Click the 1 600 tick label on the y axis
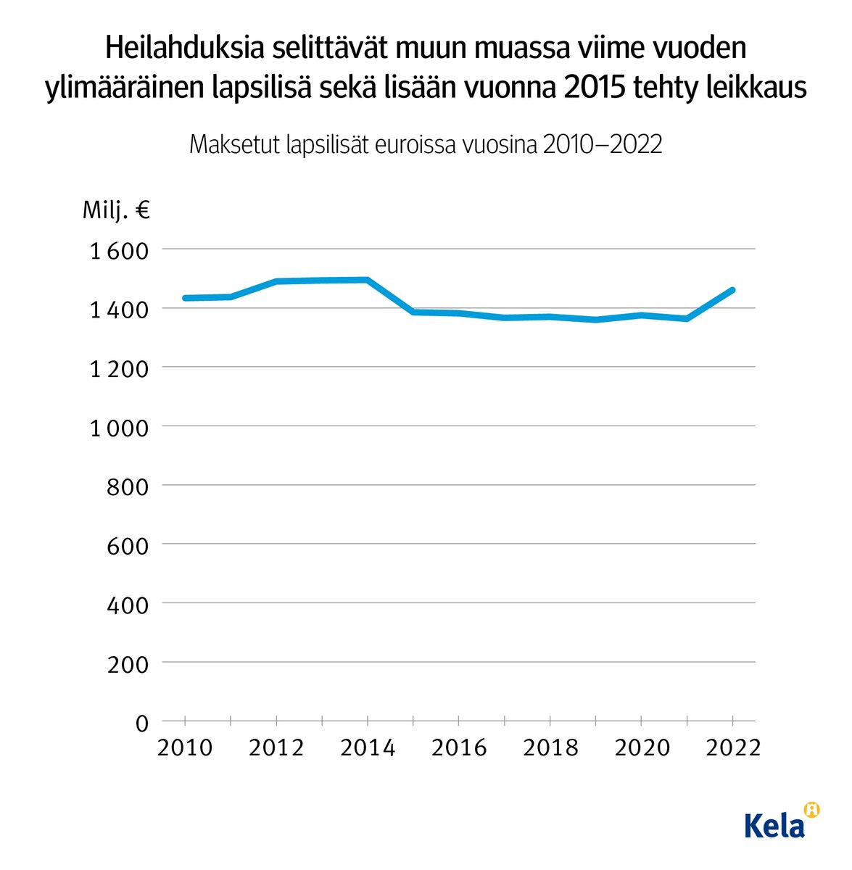click(118, 251)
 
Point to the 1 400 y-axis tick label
click(118, 310)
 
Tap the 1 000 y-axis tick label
click(118, 428)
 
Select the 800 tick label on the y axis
click(128, 487)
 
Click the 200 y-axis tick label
click(128, 664)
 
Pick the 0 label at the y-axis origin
click(141, 724)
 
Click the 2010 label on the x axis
click(185, 747)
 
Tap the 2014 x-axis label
click(368, 747)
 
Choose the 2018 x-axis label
click(550, 747)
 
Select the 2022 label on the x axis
click(732, 747)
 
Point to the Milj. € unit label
click(116, 211)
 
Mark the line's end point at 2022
click(732, 290)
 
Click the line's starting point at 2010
click(186, 298)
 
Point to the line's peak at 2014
click(368, 280)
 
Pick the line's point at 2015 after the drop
click(413, 312)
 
